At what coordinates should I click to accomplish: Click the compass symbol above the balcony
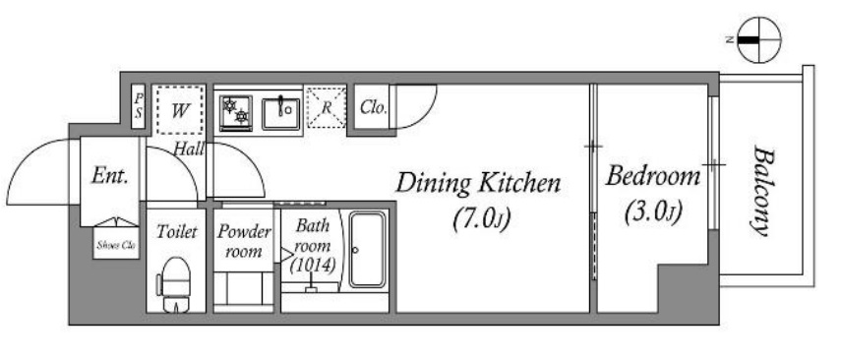758,39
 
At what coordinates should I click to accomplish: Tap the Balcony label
761,191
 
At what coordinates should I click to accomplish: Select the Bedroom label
653,178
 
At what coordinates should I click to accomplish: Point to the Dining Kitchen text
478,184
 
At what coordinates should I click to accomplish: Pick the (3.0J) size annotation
653,211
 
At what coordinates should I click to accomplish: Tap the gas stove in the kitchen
235,113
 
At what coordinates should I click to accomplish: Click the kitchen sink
280,113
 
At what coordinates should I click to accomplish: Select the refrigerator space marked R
326,108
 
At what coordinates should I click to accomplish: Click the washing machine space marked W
180,110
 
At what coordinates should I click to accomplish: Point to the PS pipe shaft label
139,105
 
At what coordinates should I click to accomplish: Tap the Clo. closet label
374,108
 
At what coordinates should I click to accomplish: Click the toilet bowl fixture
174,284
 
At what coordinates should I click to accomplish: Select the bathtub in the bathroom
367,249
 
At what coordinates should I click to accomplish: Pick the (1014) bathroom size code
313,265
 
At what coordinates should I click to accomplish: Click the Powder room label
244,241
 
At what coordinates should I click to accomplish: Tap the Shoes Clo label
116,246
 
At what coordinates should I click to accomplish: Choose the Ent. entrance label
110,175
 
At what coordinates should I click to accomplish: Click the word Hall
189,150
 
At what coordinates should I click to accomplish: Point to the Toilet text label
176,232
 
